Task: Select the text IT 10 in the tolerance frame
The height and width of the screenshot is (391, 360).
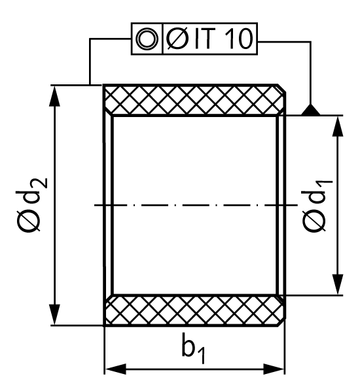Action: coord(223,39)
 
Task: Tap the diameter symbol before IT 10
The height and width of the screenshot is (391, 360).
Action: coord(177,39)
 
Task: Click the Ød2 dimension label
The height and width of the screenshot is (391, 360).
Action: coord(31,205)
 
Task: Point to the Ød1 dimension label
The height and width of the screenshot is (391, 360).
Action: coord(317,205)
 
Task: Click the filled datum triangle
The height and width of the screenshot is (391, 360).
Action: coord(310,110)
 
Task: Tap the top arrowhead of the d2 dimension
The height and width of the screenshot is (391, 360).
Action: coord(55,96)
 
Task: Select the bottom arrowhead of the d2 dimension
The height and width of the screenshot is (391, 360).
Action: coord(55,314)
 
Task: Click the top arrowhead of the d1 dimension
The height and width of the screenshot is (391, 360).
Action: coord(338,126)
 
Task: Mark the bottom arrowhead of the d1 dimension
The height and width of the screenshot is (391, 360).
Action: coord(338,285)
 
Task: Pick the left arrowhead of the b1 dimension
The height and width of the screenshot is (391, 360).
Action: coord(115,369)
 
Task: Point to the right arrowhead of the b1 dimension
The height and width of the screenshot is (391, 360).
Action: coord(274,369)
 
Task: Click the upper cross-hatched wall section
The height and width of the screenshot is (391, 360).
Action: coord(194,100)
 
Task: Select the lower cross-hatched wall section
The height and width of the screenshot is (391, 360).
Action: coord(194,310)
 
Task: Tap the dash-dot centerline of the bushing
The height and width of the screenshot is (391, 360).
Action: coord(196,205)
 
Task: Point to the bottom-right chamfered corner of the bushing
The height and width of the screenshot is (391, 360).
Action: coord(282,322)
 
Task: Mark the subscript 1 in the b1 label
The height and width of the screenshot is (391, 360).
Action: coord(202,356)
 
